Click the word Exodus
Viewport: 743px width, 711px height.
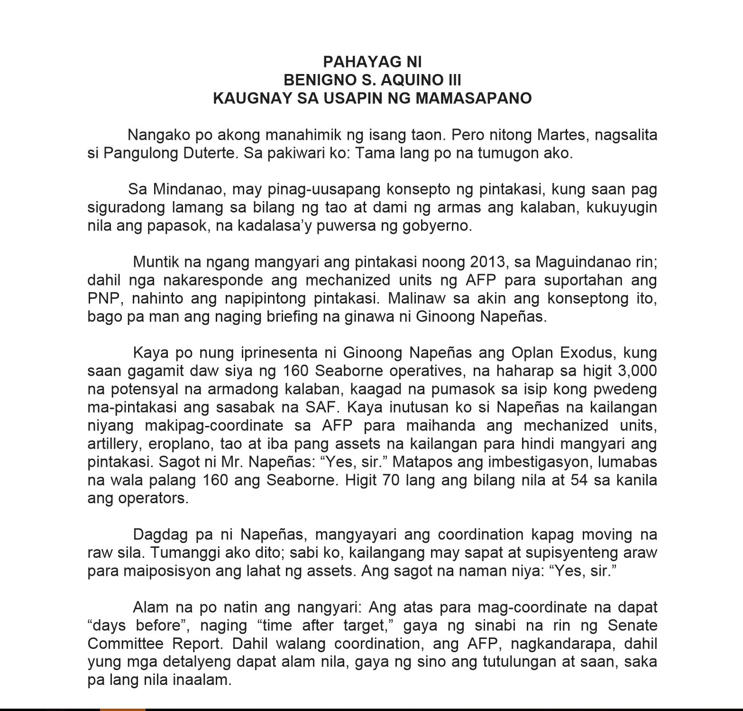tap(587, 353)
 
